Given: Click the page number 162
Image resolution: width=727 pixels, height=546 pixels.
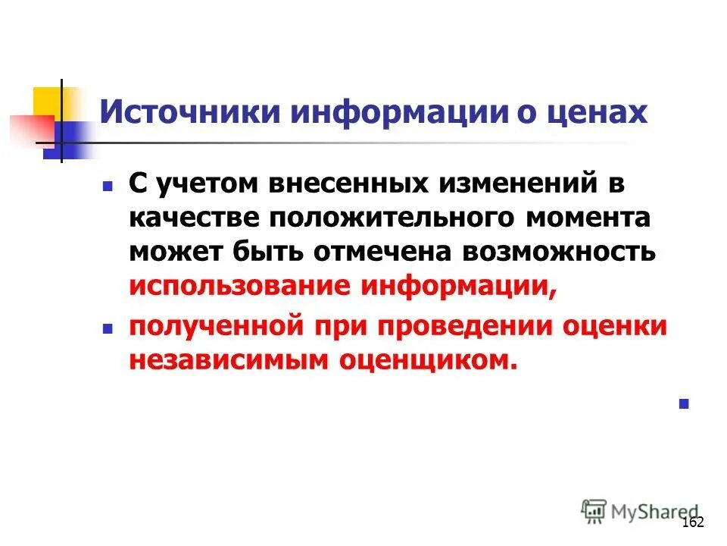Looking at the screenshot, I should click(x=692, y=522).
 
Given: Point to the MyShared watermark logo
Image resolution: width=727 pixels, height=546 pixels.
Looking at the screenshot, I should click(x=641, y=511).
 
